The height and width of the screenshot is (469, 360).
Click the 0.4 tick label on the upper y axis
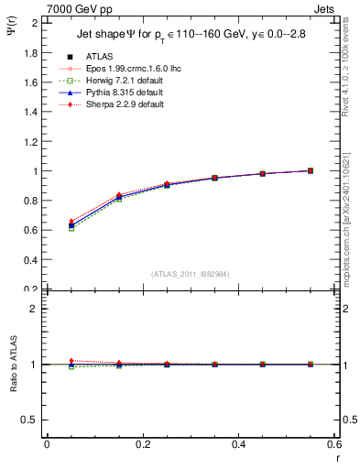(32, 260)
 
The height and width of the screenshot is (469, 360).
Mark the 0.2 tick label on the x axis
(143, 444)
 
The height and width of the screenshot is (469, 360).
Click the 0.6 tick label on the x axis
(334, 444)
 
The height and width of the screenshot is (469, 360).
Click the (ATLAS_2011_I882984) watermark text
(191, 274)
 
